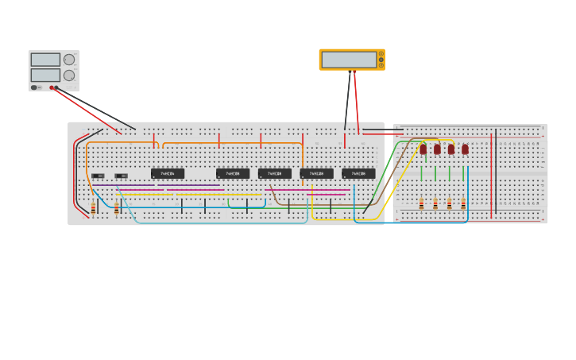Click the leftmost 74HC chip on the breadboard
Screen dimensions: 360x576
pyautogui.click(x=168, y=173)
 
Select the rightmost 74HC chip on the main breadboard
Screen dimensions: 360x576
pyautogui.click(x=358, y=173)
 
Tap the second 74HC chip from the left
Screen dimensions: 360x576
pyautogui.click(x=233, y=173)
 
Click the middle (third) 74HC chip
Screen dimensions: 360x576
pyautogui.click(x=275, y=173)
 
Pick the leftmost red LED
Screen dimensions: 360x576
pyautogui.click(x=423, y=149)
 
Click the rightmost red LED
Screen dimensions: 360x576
pyautogui.click(x=465, y=149)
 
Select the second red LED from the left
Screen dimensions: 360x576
pyautogui.click(x=437, y=149)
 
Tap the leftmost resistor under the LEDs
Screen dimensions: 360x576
pyautogui.click(x=422, y=204)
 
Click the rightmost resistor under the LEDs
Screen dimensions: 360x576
pyautogui.click(x=463, y=204)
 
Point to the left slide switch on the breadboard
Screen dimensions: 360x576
pyautogui.click(x=98, y=176)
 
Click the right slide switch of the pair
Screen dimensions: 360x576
pyautogui.click(x=121, y=176)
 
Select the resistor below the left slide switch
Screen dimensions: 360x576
pyautogui.click(x=94, y=208)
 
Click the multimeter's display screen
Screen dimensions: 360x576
pyautogui.click(x=349, y=60)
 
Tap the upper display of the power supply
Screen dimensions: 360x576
pyautogui.click(x=45, y=60)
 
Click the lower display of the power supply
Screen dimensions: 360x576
pyautogui.click(x=45, y=75)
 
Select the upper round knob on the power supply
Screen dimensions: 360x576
pyautogui.click(x=69, y=60)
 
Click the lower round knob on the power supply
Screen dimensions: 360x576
pyautogui.click(x=69, y=75)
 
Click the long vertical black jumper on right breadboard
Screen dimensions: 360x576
pyautogui.click(x=497, y=171)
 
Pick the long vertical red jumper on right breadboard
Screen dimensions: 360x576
pyautogui.click(x=491, y=175)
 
